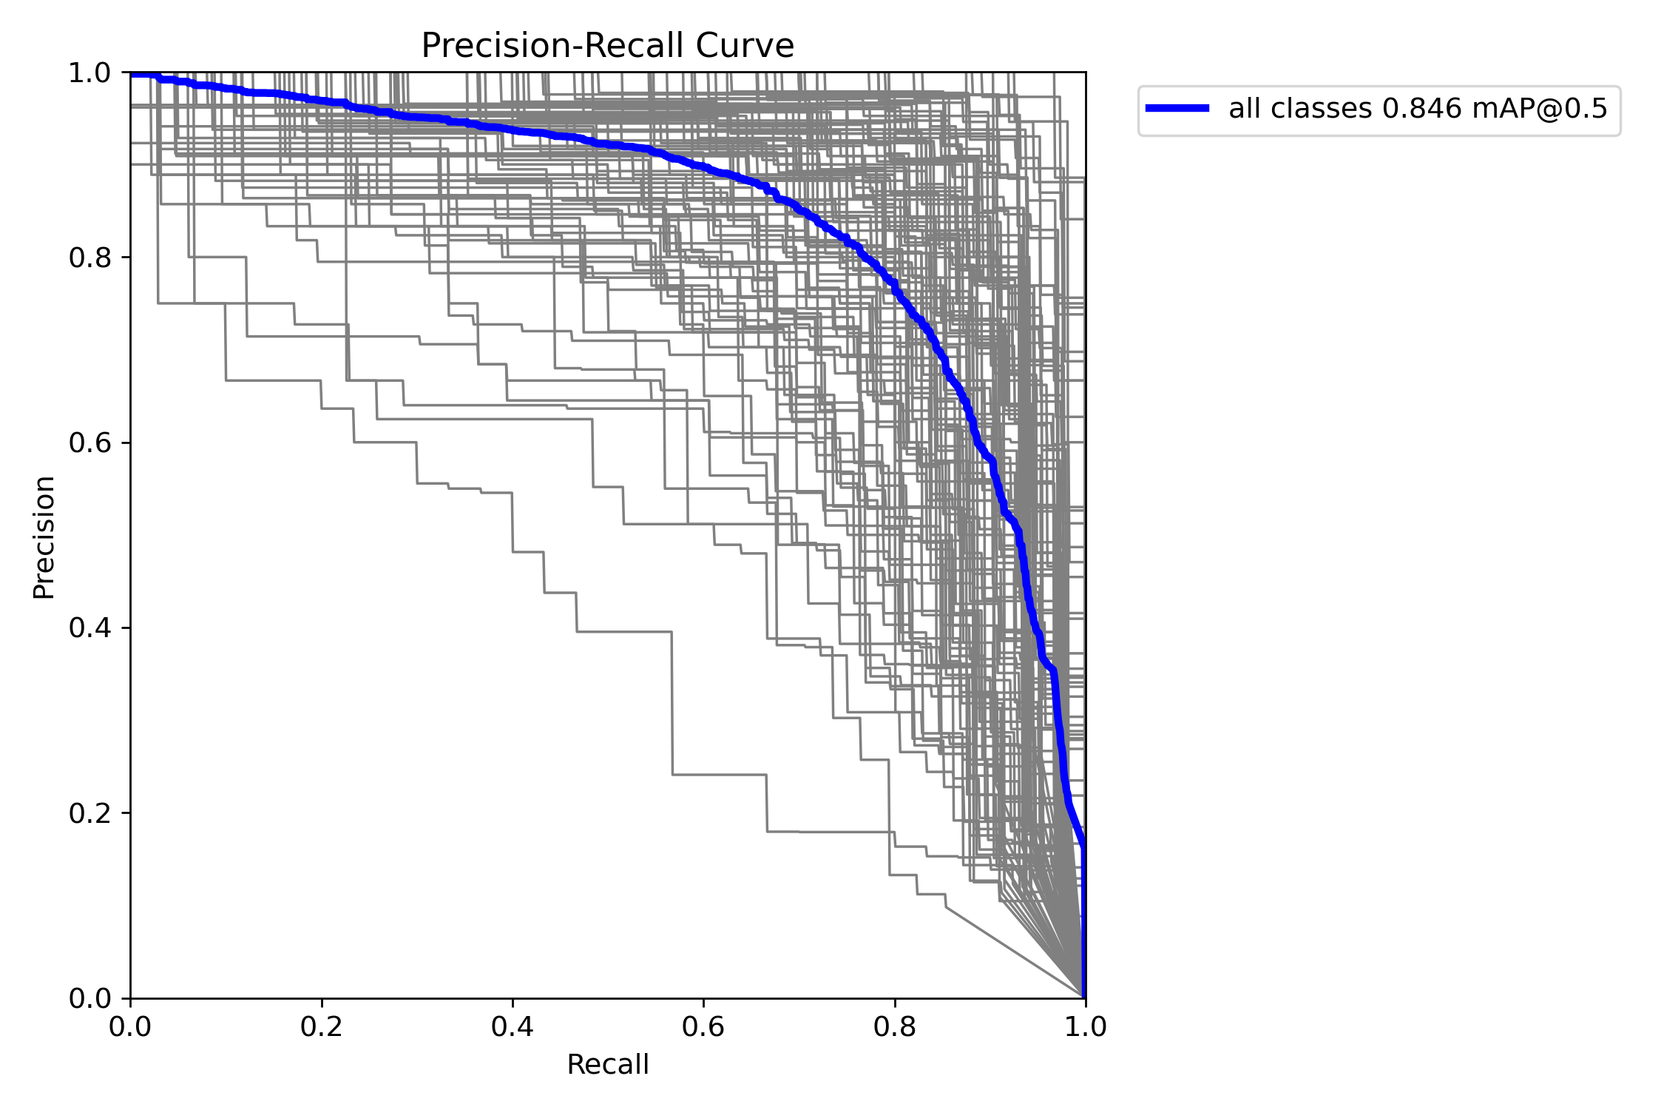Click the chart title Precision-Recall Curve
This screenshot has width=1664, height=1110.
pyautogui.click(x=607, y=46)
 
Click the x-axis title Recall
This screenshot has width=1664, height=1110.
pyautogui.click(x=607, y=1065)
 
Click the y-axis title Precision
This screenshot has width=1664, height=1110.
pyautogui.click(x=44, y=537)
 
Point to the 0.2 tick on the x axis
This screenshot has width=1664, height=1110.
pyautogui.click(x=322, y=1026)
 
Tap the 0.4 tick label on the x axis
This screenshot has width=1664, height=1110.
pyautogui.click(x=513, y=1026)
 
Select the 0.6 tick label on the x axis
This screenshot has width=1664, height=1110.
pyautogui.click(x=703, y=1026)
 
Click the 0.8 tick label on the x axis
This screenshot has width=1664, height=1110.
pyautogui.click(x=894, y=1026)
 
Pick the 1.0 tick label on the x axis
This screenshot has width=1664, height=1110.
pyautogui.click(x=1085, y=1026)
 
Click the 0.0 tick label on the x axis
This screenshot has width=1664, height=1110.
pyautogui.click(x=131, y=1026)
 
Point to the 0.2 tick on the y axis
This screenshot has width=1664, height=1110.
pyautogui.click(x=89, y=813)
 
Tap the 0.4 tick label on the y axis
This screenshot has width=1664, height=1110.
pyautogui.click(x=89, y=628)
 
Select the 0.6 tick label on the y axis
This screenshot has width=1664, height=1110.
pyautogui.click(x=89, y=443)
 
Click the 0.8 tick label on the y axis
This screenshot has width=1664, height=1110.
pyautogui.click(x=89, y=258)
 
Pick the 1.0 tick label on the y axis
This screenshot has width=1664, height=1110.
pyautogui.click(x=89, y=73)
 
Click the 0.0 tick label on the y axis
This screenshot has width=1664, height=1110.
pyautogui.click(x=89, y=998)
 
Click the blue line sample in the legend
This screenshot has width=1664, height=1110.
pyautogui.click(x=1177, y=109)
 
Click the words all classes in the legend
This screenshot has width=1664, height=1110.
pyautogui.click(x=1300, y=109)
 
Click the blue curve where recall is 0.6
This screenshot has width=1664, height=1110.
pyautogui.click(x=703, y=167)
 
